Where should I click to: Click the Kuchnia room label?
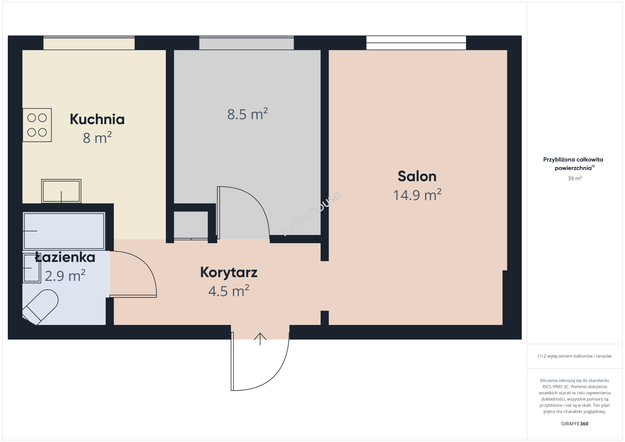97,120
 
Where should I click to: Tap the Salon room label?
417,176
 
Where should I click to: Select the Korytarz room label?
229,273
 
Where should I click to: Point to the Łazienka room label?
65,257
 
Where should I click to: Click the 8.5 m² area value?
247,114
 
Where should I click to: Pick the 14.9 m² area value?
417,195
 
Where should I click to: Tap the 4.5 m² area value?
229,291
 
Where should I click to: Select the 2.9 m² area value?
65,275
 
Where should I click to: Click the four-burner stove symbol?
37,125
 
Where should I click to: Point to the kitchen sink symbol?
61,191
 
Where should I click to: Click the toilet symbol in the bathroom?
41,307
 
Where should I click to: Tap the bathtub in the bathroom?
64,231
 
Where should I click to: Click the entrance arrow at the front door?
260,339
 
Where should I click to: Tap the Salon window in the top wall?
416,43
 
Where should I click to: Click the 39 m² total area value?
575,178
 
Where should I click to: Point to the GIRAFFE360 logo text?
575,424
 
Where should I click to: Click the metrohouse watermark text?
310,213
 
